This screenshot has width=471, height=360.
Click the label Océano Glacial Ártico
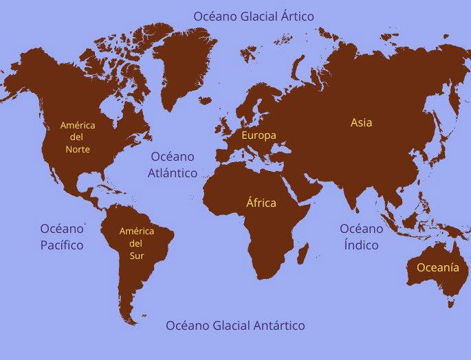(253, 16)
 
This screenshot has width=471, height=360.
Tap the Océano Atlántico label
(173, 165)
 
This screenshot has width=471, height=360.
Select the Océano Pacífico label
(61, 236)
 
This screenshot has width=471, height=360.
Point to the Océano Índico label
(361, 236)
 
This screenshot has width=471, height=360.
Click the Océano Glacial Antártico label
(235, 326)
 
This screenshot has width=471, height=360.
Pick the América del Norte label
(78, 137)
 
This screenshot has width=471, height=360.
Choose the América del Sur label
(137, 243)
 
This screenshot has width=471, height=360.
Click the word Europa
(259, 135)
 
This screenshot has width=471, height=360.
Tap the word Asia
(361, 122)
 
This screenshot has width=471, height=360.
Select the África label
(261, 203)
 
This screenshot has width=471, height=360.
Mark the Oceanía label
(433, 268)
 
